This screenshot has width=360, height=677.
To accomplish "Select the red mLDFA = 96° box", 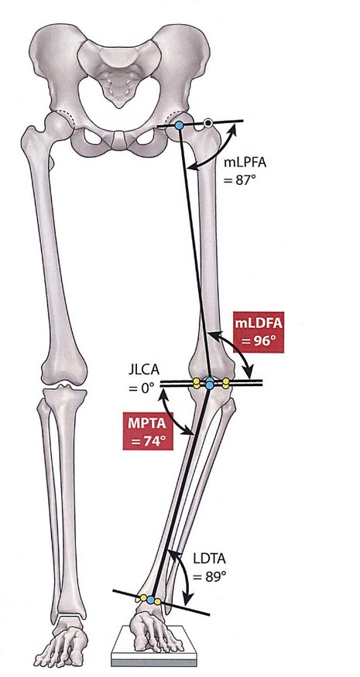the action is click(259, 332).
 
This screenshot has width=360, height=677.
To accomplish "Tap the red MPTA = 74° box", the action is click(147, 430).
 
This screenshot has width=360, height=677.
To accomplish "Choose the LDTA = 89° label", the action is click(209, 568).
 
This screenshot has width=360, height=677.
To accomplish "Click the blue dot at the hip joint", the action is click(179, 125).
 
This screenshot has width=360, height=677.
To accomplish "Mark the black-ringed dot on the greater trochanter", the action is click(208, 124).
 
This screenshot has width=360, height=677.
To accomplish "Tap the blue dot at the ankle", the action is click(150, 600).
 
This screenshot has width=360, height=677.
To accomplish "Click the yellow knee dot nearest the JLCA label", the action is click(196, 381).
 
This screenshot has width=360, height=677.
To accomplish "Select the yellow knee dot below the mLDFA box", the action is click(225, 382).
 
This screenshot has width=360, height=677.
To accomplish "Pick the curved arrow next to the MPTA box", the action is click(172, 413).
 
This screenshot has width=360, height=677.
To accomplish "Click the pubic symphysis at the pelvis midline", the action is click(118, 139).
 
